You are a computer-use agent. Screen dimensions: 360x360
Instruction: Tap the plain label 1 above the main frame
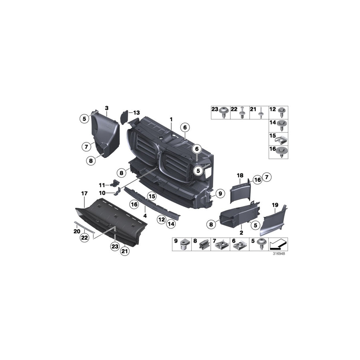click(171, 119)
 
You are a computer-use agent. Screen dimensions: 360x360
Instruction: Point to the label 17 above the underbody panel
click(84, 194)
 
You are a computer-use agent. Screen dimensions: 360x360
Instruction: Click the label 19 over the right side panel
click(275, 205)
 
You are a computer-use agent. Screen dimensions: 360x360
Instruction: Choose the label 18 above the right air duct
click(240, 176)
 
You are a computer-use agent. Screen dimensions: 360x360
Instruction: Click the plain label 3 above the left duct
click(107, 108)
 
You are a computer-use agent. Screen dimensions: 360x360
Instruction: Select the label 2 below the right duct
click(241, 232)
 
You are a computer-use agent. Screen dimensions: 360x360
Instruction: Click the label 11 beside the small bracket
click(102, 185)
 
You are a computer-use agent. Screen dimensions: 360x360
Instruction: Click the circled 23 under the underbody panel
click(115, 247)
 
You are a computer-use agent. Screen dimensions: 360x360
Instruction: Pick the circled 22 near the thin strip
click(84, 238)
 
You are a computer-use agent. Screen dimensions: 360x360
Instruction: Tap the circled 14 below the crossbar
click(171, 225)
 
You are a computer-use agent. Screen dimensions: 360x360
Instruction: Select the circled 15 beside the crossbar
click(151, 196)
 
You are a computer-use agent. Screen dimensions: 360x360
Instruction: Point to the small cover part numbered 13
click(124, 117)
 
